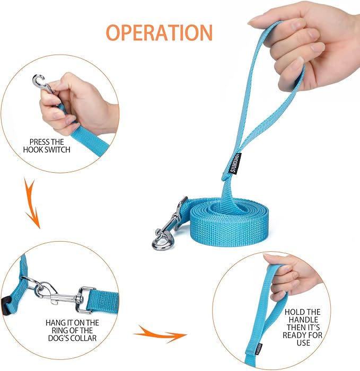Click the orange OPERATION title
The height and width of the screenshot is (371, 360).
pos(159,32)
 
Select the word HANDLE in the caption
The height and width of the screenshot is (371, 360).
pos(303,320)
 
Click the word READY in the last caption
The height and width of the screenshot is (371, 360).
pos(294,335)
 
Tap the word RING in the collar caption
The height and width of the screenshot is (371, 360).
pos(60,331)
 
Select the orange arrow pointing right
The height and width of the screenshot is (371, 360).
pos(161,334)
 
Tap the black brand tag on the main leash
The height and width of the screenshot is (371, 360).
pos(236,163)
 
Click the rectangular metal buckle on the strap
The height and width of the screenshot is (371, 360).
pos(83,299)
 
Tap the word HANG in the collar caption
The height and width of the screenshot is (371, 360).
pos(54,323)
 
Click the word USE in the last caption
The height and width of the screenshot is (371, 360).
pos(303,343)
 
